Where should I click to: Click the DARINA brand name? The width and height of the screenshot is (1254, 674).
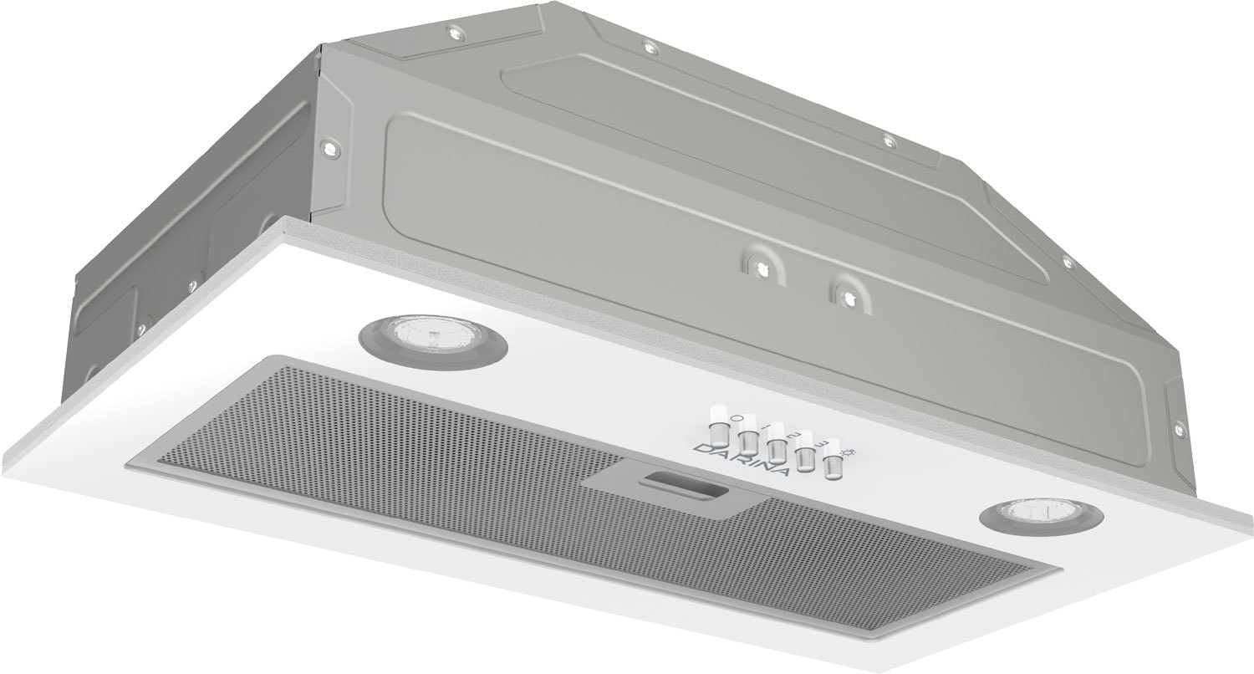pos(740,459)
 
